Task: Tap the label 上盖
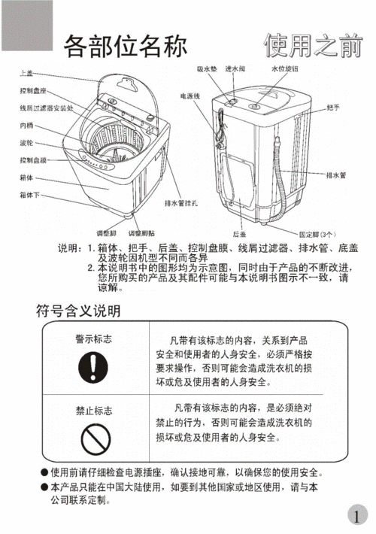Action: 26,73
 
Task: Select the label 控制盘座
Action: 33,90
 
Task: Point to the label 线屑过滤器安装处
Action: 47,108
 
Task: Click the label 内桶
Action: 26,126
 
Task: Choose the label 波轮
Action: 26,143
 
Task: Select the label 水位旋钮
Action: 284,68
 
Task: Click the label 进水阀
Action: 235,68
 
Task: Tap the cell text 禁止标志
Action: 94,411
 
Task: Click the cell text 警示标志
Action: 94,339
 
